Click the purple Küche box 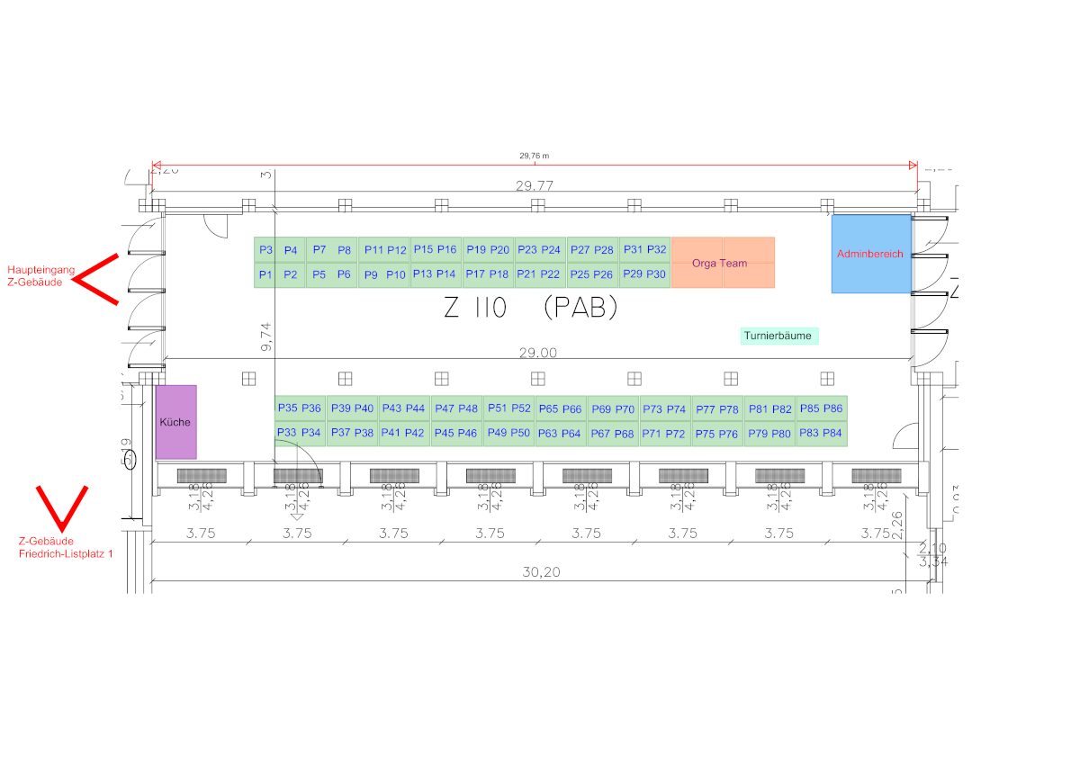[x=175, y=422]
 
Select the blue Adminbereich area [x=870, y=254]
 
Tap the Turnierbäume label [x=778, y=337]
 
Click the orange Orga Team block [x=723, y=263]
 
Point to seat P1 [x=265, y=274]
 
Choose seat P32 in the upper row [x=657, y=249]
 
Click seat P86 [x=832, y=408]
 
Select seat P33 [x=286, y=433]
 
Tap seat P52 [x=521, y=408]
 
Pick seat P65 [x=547, y=409]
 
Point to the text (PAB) [x=580, y=309]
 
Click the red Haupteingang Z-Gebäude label [x=35, y=276]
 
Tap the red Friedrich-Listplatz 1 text [x=67, y=554]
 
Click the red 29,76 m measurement [x=534, y=156]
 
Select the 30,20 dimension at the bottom [x=541, y=570]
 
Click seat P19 [x=475, y=249]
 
